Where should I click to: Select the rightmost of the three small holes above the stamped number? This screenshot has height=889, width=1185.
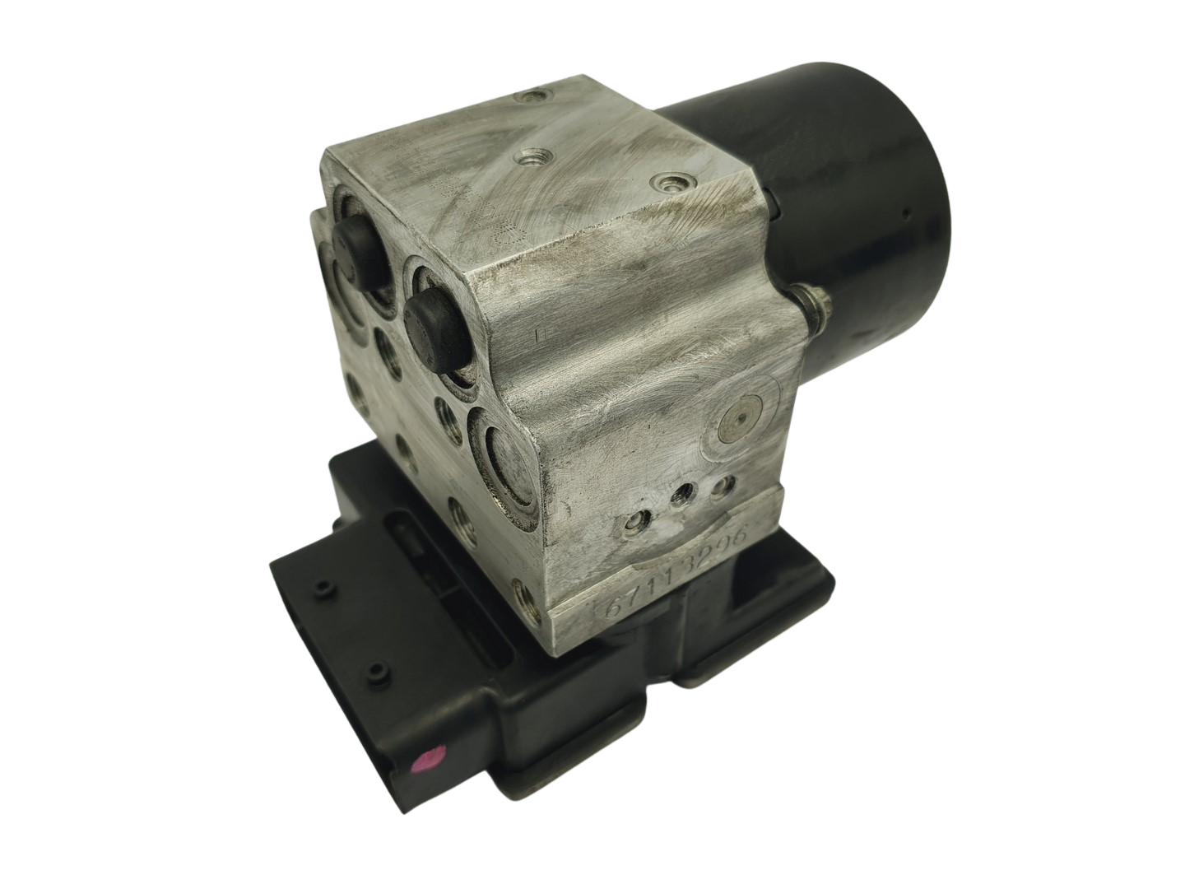coord(722,486)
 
